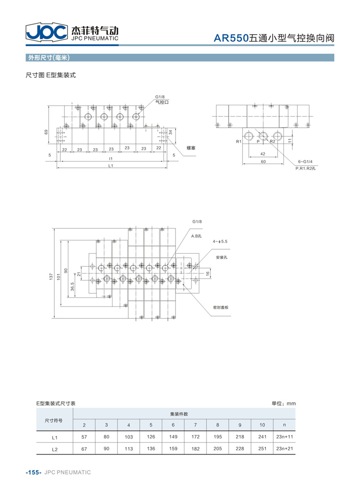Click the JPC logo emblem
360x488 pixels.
[x=47, y=31]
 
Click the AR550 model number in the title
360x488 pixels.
[x=231, y=38]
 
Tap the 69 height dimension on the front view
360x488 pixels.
[x=46, y=132]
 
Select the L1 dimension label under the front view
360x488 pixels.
[x=111, y=166]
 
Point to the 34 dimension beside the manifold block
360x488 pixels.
[x=171, y=132]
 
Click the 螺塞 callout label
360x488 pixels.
[x=191, y=148]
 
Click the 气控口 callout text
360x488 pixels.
[x=162, y=102]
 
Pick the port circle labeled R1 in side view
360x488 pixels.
[x=249, y=136]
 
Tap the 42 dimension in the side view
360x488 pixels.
[x=262, y=154]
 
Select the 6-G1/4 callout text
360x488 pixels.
[x=305, y=161]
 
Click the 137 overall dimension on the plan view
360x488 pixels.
[x=51, y=276]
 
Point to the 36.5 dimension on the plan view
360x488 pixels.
[x=72, y=287]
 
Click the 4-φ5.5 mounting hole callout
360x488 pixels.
[x=220, y=242]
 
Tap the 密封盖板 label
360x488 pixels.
[x=221, y=307]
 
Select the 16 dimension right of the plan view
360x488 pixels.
[x=208, y=273]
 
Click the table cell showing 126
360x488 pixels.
[x=151, y=437]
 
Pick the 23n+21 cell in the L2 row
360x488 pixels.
[x=285, y=448]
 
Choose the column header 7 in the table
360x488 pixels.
[x=196, y=425]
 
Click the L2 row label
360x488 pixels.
[x=55, y=449]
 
